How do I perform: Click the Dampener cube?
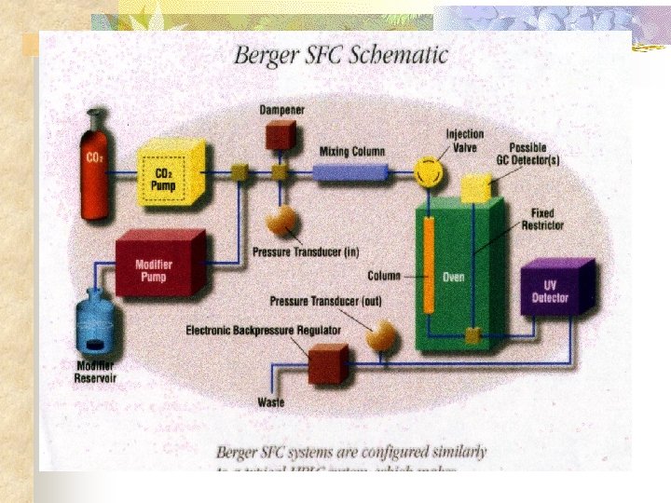278,137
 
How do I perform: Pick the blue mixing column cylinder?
349,172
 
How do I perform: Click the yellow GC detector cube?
476,187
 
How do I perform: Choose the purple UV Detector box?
557,288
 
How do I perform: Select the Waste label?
270,403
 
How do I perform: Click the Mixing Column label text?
351,151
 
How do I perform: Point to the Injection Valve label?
464,140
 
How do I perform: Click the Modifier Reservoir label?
96,373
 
